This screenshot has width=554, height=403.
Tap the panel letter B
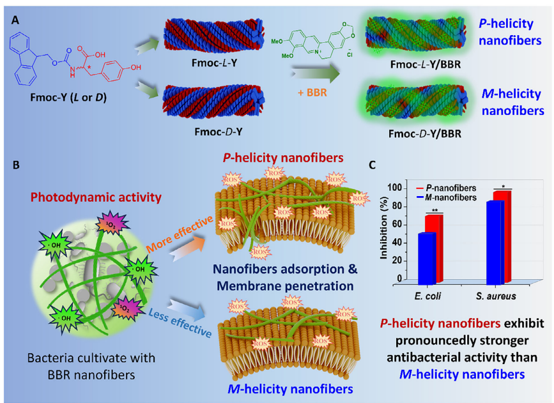14,164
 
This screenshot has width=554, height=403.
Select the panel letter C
373,164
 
